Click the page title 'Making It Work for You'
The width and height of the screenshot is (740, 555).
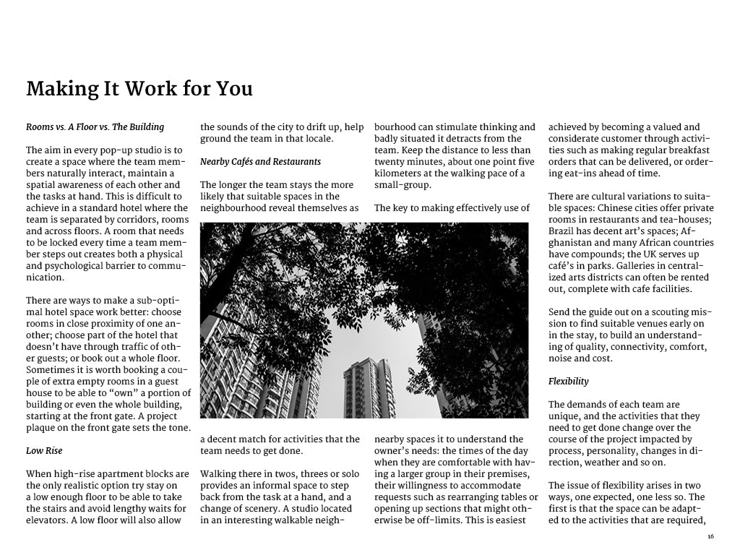[139, 89]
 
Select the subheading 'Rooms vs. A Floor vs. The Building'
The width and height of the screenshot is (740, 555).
[95, 127]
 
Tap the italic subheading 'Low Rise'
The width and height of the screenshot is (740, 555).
[44, 451]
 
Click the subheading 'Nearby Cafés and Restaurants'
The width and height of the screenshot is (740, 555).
[260, 161]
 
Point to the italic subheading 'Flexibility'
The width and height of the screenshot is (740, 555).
[568, 382]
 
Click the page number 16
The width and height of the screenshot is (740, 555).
[710, 536]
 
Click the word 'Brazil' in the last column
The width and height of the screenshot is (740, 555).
[562, 231]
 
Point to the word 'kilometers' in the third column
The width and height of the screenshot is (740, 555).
[397, 173]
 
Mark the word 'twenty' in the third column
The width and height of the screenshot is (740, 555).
[390, 162]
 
